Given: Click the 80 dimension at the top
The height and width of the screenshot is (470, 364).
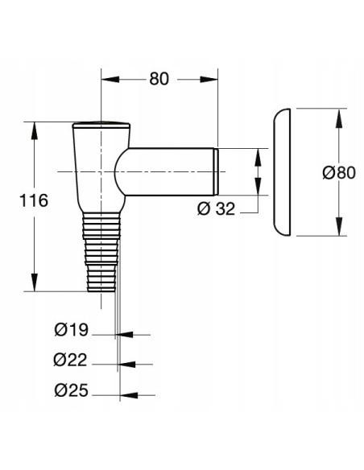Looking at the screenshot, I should pyautogui.click(x=159, y=80).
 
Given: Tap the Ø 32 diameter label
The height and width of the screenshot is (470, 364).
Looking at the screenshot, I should pyautogui.click(x=217, y=208).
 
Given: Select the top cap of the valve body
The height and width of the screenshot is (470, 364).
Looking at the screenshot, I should pyautogui.click(x=101, y=126).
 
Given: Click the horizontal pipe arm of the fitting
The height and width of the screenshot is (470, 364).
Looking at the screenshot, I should pyautogui.click(x=169, y=171).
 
